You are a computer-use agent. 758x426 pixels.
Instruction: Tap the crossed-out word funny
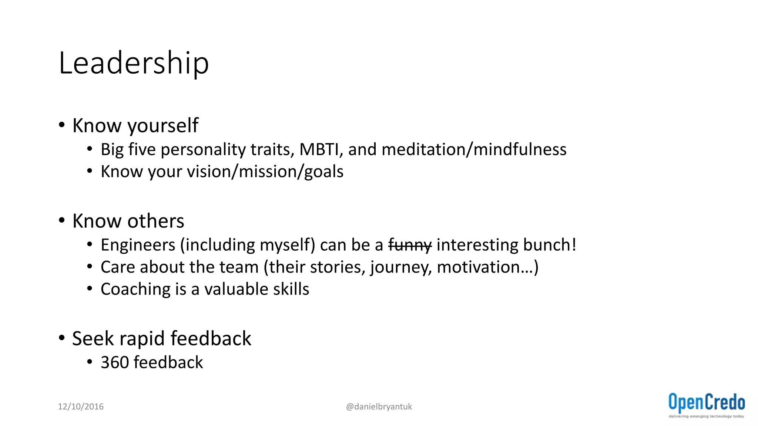coord(410,245)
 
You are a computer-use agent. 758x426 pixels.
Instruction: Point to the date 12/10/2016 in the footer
coord(81,406)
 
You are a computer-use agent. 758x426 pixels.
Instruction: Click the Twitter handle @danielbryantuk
coord(379,406)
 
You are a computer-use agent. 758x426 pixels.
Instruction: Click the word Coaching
coord(135,290)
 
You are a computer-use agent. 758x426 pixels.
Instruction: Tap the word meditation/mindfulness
coord(474,150)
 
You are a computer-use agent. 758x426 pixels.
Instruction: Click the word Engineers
coord(138,245)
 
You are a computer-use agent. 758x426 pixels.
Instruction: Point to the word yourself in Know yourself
coord(163,126)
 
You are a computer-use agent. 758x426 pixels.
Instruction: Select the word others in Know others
coord(155,221)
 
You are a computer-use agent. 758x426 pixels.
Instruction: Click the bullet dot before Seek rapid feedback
coord(62,338)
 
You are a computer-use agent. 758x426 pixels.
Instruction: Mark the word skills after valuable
coord(291,289)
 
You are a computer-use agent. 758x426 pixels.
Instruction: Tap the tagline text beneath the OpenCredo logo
coord(706,416)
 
